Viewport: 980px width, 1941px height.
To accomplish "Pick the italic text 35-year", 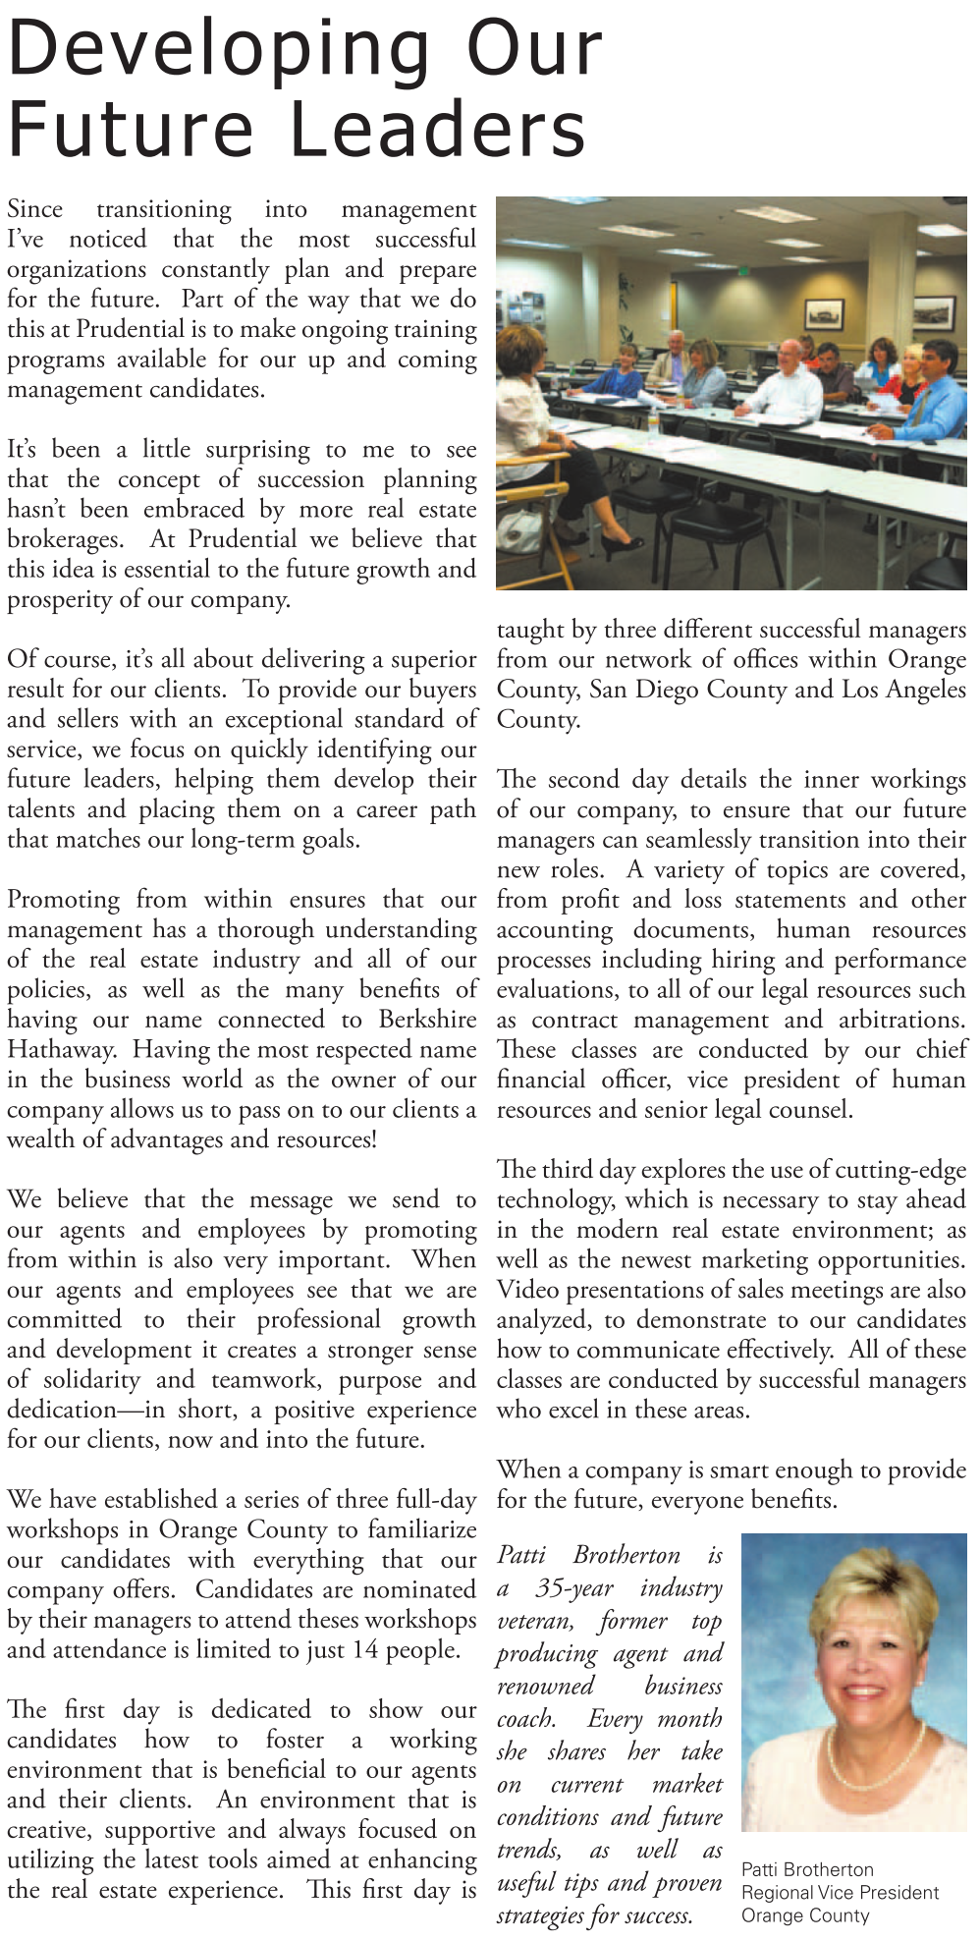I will click(x=574, y=1588).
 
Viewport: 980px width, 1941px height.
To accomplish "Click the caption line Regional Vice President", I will click(x=840, y=1892).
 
